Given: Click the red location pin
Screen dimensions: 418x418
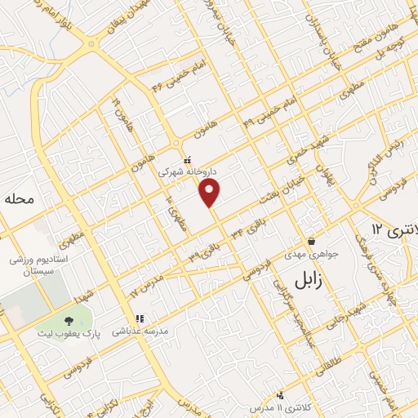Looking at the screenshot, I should point(210,193).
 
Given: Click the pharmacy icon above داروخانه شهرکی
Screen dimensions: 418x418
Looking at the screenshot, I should point(187,161).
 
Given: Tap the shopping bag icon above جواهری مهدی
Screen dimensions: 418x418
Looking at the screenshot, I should point(311,241).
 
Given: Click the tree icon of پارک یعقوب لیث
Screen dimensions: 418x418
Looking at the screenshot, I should point(66,324).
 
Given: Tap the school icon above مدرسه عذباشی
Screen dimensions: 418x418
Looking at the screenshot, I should point(139,318).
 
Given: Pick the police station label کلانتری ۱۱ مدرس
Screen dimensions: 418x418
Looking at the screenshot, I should point(281,406).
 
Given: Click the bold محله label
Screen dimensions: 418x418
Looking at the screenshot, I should point(20,199).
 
